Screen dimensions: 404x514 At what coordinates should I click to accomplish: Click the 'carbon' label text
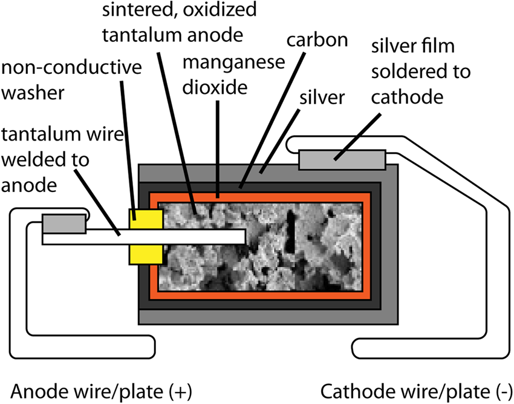click(317, 41)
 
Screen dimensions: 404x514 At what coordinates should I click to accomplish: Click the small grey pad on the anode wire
click(63, 223)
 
